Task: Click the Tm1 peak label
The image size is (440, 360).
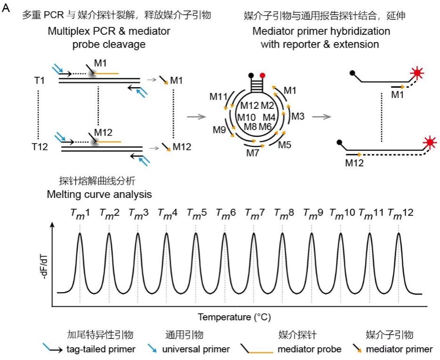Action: tap(80, 213)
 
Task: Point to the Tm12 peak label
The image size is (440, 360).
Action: tap(400, 213)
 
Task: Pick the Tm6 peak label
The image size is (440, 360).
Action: tap(226, 213)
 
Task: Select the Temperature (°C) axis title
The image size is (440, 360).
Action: tap(234, 316)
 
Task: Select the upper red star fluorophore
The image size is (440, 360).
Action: tap(416, 74)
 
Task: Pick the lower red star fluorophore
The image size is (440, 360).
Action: tap(429, 142)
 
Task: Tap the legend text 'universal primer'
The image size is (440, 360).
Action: tap(197, 349)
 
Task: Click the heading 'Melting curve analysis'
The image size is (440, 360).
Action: tap(99, 194)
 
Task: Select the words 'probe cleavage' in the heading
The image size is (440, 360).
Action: tap(109, 44)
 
